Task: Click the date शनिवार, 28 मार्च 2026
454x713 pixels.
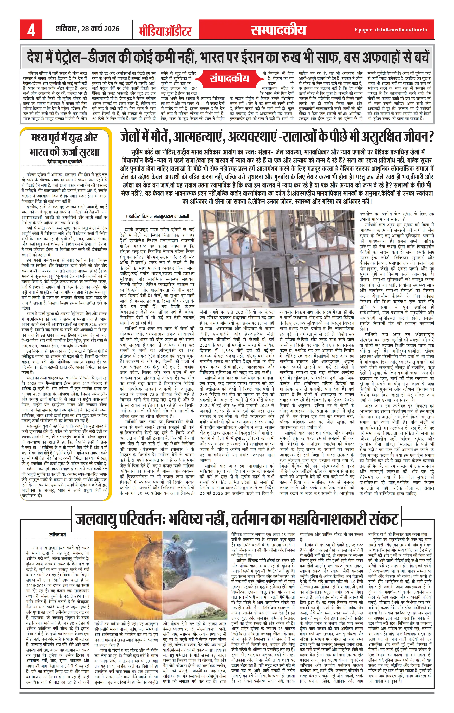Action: (x=88, y=29)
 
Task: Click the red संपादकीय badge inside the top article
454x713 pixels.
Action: (x=229, y=79)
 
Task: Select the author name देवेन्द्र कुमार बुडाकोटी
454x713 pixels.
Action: (x=65, y=162)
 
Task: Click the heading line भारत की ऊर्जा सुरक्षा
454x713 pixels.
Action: (x=65, y=152)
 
